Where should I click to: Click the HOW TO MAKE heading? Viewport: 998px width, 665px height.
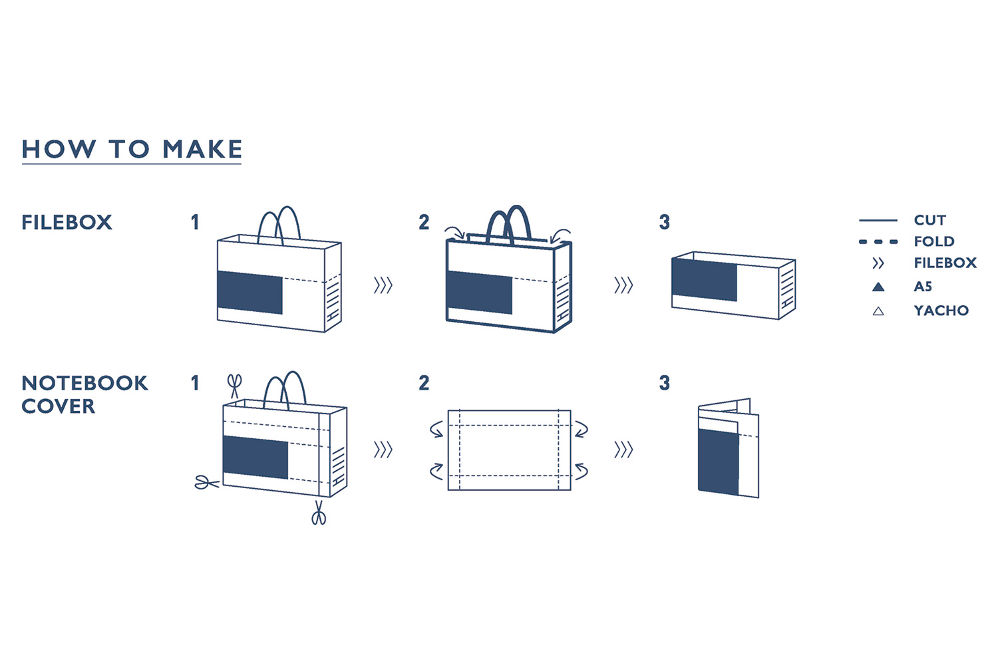tap(132, 149)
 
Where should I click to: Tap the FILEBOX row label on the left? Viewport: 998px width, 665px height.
tap(67, 222)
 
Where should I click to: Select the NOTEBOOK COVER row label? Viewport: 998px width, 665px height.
tap(84, 394)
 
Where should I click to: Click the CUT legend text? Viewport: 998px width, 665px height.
tap(930, 220)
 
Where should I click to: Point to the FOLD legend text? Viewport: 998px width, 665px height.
tap(934, 241)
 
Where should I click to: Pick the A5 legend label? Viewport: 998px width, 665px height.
tap(923, 287)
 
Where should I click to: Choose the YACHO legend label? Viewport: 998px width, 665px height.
tap(941, 311)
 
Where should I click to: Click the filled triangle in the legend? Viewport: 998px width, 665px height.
tap(878, 287)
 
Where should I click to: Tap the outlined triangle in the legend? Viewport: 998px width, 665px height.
tap(878, 311)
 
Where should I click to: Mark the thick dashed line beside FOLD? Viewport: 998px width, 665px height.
tap(878, 242)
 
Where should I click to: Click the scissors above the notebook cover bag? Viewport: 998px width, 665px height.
tap(234, 386)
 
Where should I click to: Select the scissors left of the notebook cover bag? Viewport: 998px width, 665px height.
tap(207, 482)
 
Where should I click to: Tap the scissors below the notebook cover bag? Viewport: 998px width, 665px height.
tap(319, 513)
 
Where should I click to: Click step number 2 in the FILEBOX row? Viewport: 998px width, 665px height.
tap(424, 222)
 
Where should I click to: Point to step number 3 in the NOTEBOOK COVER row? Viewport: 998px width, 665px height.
tap(664, 383)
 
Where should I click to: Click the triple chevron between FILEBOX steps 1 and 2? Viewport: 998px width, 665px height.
tap(383, 285)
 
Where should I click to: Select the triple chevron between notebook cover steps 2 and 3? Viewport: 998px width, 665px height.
tap(624, 450)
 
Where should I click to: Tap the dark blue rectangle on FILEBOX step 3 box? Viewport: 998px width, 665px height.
tap(705, 280)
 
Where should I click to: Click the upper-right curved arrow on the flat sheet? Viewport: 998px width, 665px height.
tap(582, 429)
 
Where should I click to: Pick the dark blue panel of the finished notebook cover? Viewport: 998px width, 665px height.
tap(718, 462)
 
